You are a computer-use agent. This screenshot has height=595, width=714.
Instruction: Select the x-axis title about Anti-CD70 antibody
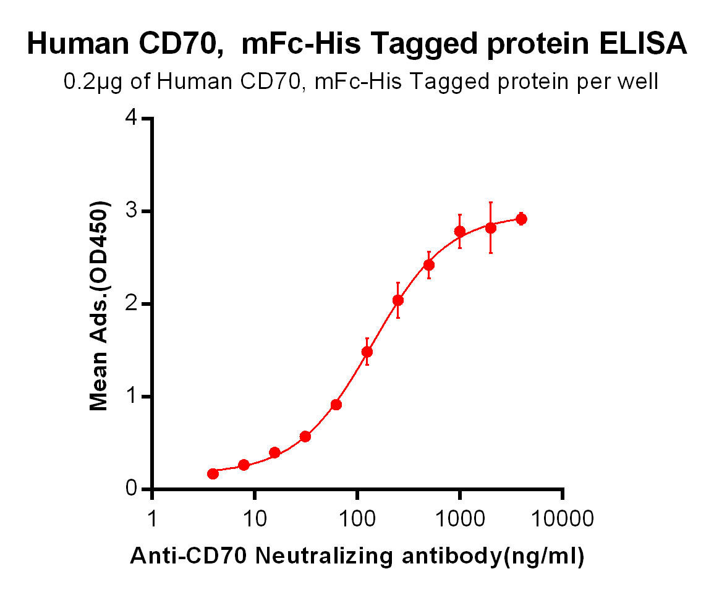(357, 557)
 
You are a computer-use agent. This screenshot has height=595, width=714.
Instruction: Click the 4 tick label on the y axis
(130, 119)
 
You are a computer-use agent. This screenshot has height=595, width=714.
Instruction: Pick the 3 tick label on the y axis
(130, 211)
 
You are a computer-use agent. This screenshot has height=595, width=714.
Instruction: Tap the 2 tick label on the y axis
(130, 304)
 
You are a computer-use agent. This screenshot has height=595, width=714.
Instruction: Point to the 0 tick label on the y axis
(130, 489)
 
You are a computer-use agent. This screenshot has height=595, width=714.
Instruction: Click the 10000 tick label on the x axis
(563, 518)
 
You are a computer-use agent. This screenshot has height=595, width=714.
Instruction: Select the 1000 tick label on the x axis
(460, 518)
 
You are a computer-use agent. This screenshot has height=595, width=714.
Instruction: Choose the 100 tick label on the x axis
(357, 518)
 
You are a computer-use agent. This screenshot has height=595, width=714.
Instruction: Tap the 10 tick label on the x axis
(255, 518)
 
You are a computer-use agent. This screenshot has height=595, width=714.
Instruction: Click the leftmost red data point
(213, 473)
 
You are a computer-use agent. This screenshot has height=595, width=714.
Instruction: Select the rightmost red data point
(521, 219)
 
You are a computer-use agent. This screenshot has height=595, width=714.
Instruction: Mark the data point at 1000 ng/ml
(460, 231)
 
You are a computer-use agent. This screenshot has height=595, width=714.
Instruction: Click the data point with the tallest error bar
(491, 227)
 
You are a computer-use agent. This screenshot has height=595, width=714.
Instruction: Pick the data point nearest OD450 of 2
(398, 300)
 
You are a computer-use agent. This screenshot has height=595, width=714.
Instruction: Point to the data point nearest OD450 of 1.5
(367, 352)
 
